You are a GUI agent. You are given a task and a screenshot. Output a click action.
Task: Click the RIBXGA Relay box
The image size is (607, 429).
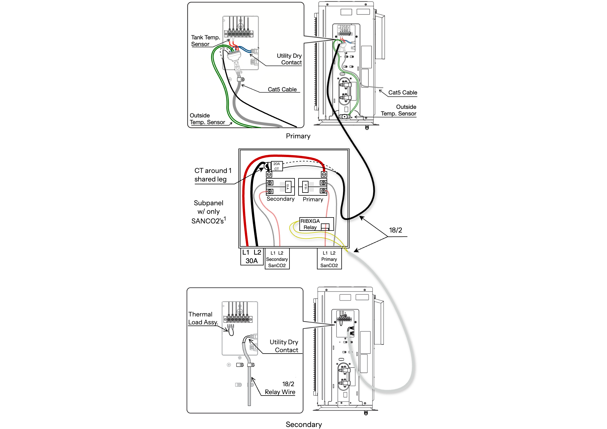click(x=316, y=224)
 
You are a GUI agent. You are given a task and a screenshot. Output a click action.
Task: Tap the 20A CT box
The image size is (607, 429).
click(x=277, y=166)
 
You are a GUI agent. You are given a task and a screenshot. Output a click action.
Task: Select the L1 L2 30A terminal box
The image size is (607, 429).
click(x=252, y=257)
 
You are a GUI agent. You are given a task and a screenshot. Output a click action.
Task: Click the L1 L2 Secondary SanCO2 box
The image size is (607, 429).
click(x=277, y=259)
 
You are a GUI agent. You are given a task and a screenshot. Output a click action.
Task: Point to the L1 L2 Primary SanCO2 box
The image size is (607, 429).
click(x=329, y=259)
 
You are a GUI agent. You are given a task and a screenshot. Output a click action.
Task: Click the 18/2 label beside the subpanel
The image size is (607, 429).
click(x=395, y=230)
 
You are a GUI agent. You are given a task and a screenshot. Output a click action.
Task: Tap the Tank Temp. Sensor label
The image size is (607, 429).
click(x=206, y=41)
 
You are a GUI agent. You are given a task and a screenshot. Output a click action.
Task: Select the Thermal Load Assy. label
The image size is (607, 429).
click(x=203, y=318)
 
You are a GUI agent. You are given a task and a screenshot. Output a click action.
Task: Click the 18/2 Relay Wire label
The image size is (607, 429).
click(x=280, y=388)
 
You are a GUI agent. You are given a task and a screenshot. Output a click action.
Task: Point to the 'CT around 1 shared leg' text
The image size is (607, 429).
click(x=213, y=175)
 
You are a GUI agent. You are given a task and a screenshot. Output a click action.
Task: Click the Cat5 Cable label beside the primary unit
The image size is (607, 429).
click(x=403, y=92)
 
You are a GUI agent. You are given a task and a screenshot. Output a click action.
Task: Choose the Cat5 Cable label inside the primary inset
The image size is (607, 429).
click(x=282, y=89)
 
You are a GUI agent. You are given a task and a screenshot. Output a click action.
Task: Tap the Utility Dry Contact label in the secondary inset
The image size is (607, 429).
click(x=284, y=346)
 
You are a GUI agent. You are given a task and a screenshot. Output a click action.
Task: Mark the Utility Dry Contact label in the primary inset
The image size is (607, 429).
click(x=289, y=59)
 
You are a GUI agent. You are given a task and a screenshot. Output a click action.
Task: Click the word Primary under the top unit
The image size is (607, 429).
click(x=298, y=136)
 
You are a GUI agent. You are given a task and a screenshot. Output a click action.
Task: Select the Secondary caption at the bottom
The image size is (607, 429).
click(x=304, y=424)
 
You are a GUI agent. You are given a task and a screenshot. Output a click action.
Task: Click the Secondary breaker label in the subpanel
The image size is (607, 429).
click(x=280, y=199)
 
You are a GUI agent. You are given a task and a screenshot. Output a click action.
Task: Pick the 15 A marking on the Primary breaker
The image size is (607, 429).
click(x=305, y=187)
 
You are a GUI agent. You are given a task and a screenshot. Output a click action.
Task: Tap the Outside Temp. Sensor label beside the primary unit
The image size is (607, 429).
click(x=398, y=110)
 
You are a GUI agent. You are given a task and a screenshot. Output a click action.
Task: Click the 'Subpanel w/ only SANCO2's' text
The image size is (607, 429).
click(x=209, y=212)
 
